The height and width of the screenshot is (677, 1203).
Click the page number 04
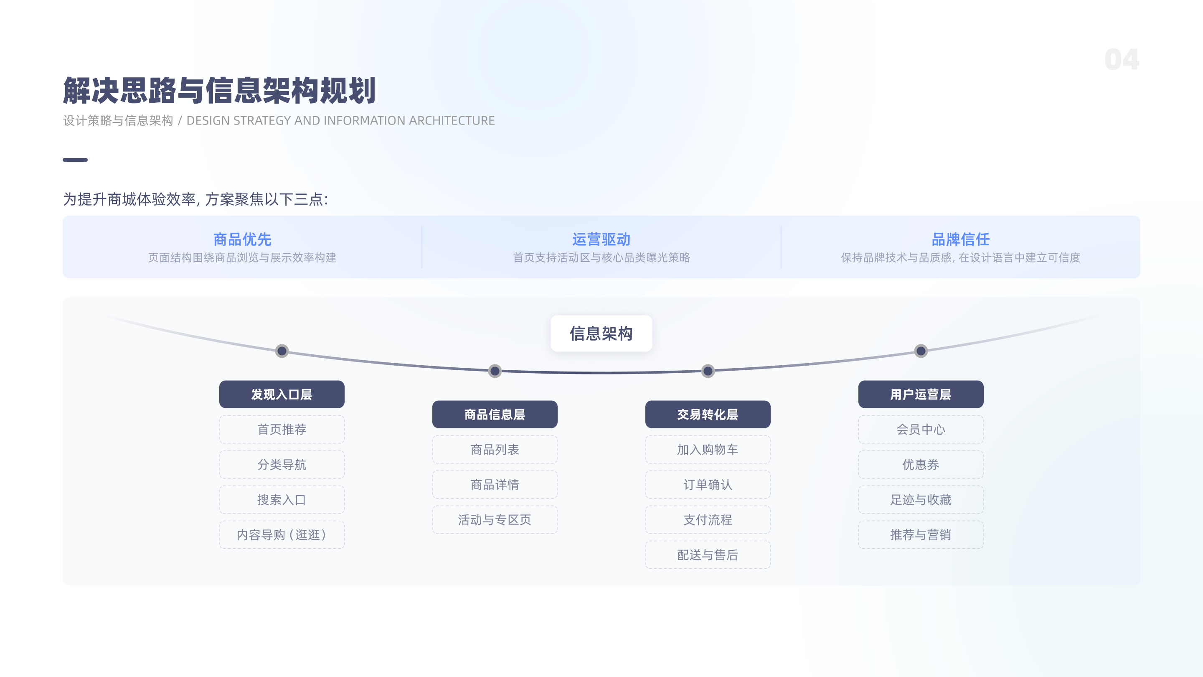(x=1121, y=60)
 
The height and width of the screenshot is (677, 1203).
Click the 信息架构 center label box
(x=601, y=333)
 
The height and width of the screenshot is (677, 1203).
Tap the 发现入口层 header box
(x=282, y=394)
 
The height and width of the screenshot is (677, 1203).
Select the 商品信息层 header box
(x=495, y=415)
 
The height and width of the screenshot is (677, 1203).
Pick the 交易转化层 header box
(x=708, y=415)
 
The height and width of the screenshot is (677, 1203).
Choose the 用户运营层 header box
(x=921, y=394)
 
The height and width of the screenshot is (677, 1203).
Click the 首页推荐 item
(x=282, y=429)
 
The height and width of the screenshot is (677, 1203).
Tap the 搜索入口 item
(x=282, y=499)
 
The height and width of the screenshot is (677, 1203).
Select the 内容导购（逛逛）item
(x=282, y=534)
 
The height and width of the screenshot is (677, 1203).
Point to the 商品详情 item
(x=495, y=484)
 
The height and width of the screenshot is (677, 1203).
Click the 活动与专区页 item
(x=495, y=519)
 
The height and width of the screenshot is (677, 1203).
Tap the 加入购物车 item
(x=708, y=450)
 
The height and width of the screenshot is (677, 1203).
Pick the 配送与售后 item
(x=708, y=555)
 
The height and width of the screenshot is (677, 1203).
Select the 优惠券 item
(x=921, y=464)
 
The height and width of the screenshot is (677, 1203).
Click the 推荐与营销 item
(x=921, y=534)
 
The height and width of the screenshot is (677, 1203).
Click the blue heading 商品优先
(x=242, y=239)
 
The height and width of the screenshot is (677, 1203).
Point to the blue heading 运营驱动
(x=601, y=239)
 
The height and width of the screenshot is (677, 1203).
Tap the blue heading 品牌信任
(x=960, y=239)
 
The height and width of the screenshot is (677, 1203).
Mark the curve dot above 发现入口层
(x=282, y=351)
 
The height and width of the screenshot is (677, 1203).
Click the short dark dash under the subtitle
(x=75, y=160)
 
